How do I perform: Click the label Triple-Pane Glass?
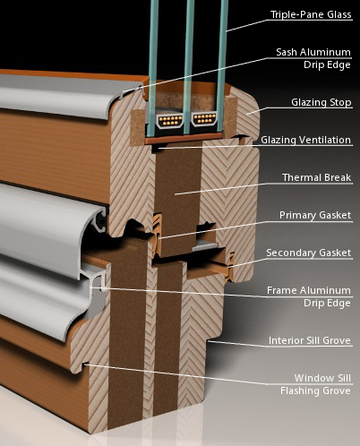point(311,14)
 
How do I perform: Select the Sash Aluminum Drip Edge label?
point(313,58)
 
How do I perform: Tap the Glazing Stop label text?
point(321,102)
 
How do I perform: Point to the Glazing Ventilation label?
point(305,140)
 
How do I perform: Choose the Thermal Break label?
point(317,177)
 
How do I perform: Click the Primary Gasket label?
point(315,215)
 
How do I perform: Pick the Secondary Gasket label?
point(309,253)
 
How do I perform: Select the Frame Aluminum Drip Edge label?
point(309,296)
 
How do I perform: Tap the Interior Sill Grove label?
point(310,340)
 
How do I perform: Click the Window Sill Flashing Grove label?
point(315,384)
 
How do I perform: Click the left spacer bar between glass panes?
point(170,120)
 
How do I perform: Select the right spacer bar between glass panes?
point(204,119)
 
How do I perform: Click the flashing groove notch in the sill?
point(85,365)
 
